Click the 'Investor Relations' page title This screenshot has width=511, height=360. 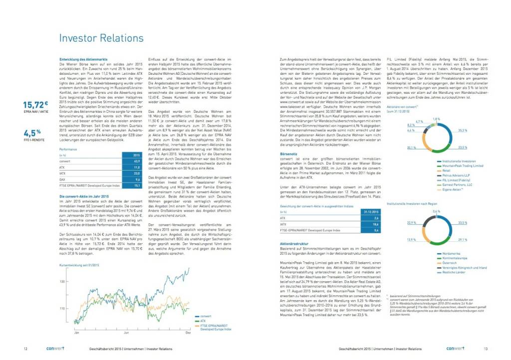click(x=101, y=38)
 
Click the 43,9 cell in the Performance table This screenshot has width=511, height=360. click(x=136, y=161)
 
